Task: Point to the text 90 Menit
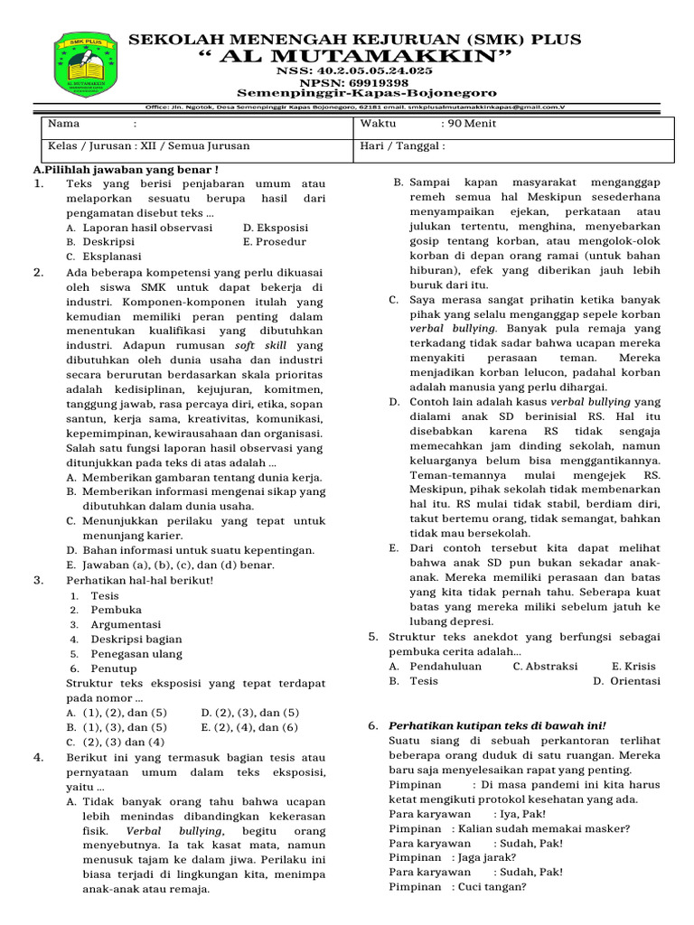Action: pyautogui.click(x=468, y=125)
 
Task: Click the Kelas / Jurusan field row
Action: pyautogui.click(x=149, y=145)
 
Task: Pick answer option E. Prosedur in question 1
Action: pyautogui.click(x=275, y=242)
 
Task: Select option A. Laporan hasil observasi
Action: pyautogui.click(x=139, y=228)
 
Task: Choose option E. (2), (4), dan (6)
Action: pyautogui.click(x=249, y=726)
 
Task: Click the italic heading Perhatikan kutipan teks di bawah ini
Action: pyautogui.click(x=497, y=725)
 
